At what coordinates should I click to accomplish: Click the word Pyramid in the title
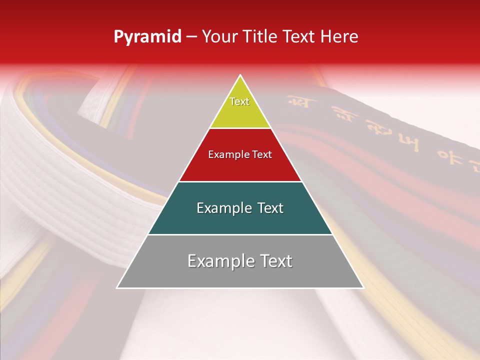(147, 37)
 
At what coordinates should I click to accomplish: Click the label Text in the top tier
(239, 101)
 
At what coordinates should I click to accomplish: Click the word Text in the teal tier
(270, 208)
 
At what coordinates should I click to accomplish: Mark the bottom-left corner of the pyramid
(117, 287)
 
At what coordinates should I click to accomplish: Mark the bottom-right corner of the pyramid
(363, 287)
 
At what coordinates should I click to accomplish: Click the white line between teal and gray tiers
(240, 234)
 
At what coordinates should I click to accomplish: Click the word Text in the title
(299, 37)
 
